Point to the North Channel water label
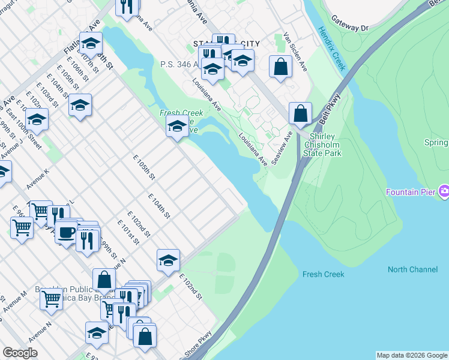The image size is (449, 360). click(x=412, y=269)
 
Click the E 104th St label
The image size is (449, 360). click(x=159, y=206)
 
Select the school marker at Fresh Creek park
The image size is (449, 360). click(x=177, y=126)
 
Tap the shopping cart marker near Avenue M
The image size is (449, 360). click(x=51, y=297)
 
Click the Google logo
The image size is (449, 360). click(x=20, y=353)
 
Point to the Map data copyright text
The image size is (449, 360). click(x=412, y=355)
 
